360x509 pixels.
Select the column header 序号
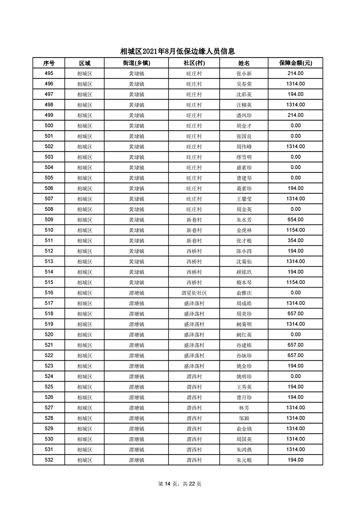pyautogui.click(x=49, y=63)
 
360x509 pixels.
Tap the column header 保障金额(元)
pyautogui.click(x=295, y=63)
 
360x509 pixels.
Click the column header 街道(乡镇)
pyautogui.click(x=136, y=63)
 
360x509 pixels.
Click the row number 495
pyautogui.click(x=49, y=73)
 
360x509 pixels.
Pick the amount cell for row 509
pyautogui.click(x=295, y=220)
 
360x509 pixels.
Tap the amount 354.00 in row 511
pyautogui.click(x=295, y=240)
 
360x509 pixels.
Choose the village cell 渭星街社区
pyautogui.click(x=194, y=293)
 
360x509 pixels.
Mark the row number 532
pyautogui.click(x=49, y=460)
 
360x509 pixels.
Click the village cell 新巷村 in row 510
pyautogui.click(x=194, y=230)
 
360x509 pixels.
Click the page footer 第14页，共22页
pyautogui.click(x=180, y=484)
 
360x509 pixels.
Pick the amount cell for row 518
pyautogui.click(x=295, y=313)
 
